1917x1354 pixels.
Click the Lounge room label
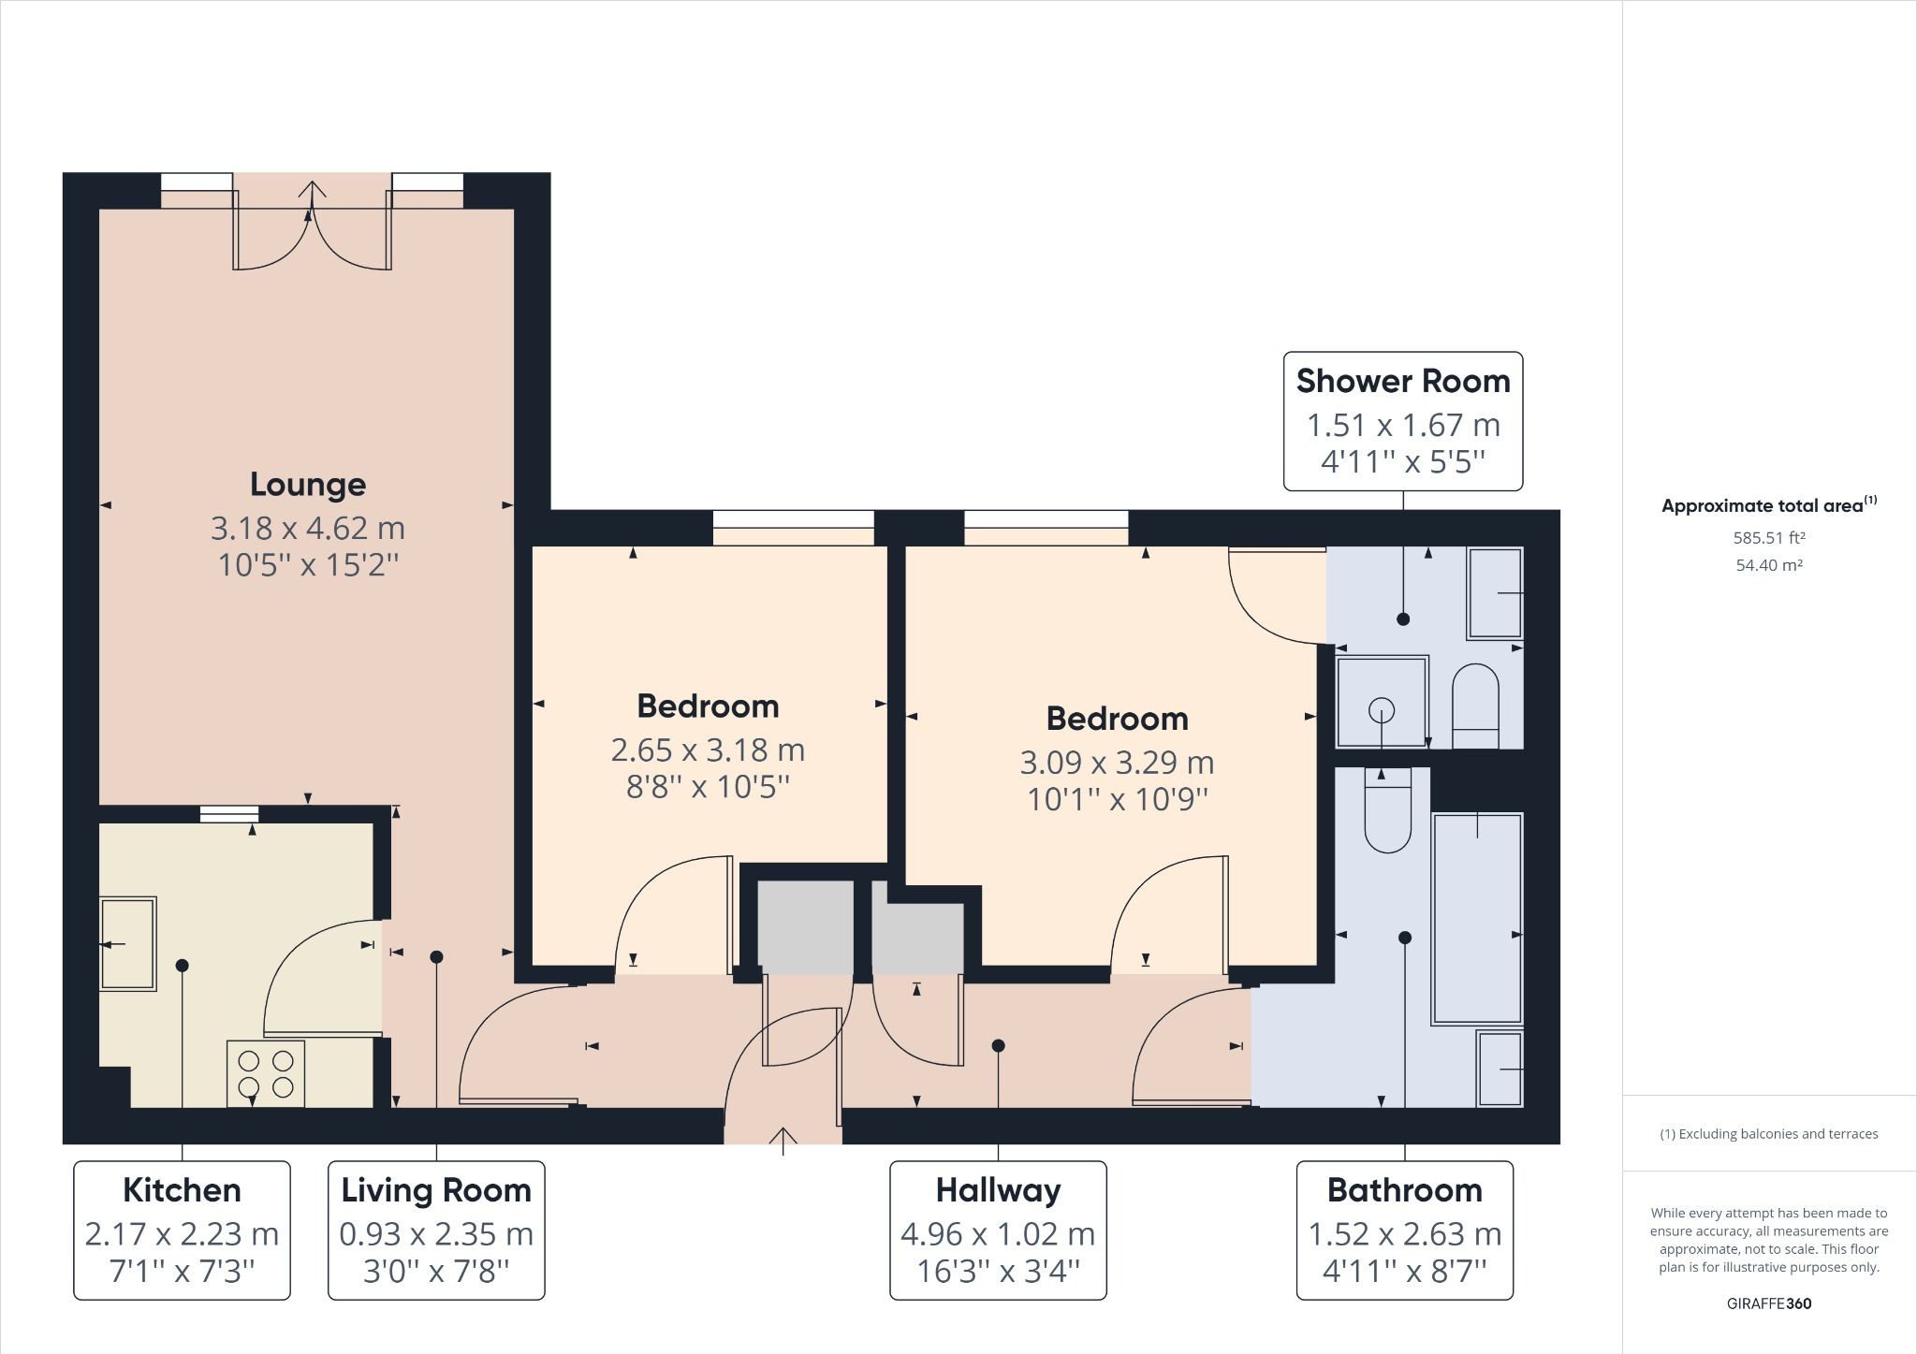click(x=307, y=485)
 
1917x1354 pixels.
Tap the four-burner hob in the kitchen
click(x=266, y=1073)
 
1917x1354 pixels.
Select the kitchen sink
click(x=128, y=943)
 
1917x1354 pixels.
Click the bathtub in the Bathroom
click(x=1477, y=918)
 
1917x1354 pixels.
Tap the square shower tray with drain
click(x=1382, y=701)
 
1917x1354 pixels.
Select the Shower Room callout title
click(x=1402, y=382)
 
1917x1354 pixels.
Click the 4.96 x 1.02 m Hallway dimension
click(x=998, y=1234)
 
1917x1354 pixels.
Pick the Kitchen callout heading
click(x=182, y=1190)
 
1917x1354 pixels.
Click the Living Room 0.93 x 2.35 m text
click(x=436, y=1234)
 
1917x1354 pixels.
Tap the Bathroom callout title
click(x=1404, y=1190)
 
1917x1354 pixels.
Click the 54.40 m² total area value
click(x=1768, y=565)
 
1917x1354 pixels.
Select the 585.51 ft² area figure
click(x=1768, y=538)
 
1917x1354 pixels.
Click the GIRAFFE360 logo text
click(x=1768, y=1303)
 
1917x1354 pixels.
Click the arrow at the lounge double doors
click(x=312, y=191)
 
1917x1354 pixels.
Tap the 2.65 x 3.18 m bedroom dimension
click(x=708, y=750)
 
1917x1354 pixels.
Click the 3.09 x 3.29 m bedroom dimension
click(x=1117, y=763)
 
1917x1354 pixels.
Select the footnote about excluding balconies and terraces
click(x=1768, y=1134)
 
